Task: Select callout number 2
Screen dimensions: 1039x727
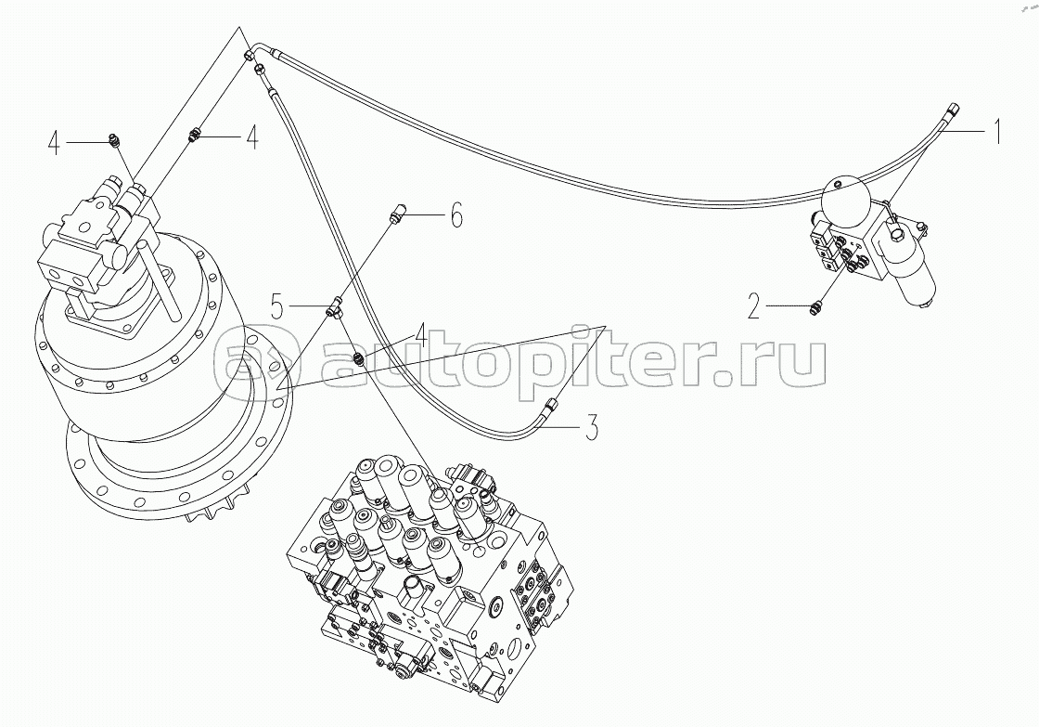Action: pyautogui.click(x=753, y=306)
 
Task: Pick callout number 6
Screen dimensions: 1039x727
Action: pyautogui.click(x=455, y=214)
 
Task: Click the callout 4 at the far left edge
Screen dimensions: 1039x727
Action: pyautogui.click(x=56, y=143)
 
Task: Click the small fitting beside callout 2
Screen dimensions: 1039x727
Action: pyautogui.click(x=816, y=306)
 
